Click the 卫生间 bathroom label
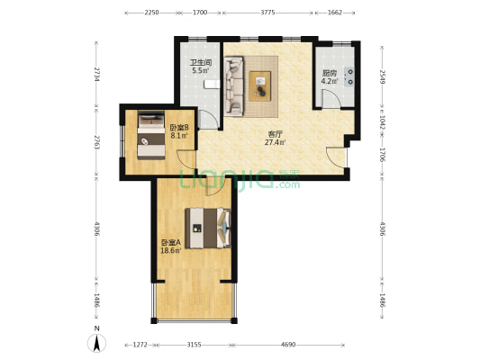[x=201, y=63]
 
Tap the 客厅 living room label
[x=275, y=134]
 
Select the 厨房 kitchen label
[x=330, y=74]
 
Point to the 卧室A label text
[x=171, y=243]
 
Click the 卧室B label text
[x=179, y=128]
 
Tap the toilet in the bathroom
[x=212, y=84]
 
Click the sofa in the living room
[x=233, y=86]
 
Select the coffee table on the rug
[x=260, y=86]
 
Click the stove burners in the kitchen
[x=349, y=76]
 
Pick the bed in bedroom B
[x=151, y=135]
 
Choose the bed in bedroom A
[x=208, y=229]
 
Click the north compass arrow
[x=96, y=343]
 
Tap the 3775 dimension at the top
[x=267, y=13]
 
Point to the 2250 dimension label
[x=151, y=13]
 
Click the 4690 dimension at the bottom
[x=288, y=345]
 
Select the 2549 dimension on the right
[x=383, y=77]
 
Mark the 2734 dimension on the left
[x=96, y=75]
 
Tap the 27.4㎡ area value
[x=276, y=142]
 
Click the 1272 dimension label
[x=140, y=345]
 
